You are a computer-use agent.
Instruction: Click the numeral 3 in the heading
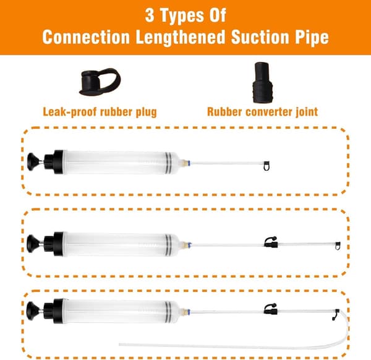coord(150,15)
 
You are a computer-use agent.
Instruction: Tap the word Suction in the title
coord(260,37)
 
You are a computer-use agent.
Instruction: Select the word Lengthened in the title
coord(181,37)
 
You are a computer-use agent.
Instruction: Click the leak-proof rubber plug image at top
coord(100,82)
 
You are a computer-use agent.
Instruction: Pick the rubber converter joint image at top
coord(262,82)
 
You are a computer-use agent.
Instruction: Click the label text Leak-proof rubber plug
coord(100,112)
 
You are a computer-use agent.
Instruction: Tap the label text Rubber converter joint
coord(262,112)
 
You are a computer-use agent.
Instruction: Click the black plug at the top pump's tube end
coord(267,166)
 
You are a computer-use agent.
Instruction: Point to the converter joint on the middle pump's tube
coord(271,242)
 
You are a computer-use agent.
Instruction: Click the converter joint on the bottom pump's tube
coord(271,309)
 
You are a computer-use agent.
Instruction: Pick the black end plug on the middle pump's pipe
coord(338,246)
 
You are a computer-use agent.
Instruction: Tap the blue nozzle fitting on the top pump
coord(189,163)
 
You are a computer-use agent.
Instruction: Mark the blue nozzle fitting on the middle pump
coord(189,244)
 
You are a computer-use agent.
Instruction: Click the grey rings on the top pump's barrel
coord(168,163)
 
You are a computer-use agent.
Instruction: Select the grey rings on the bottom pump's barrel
coord(168,311)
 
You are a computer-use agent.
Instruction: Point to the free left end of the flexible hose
coord(120,345)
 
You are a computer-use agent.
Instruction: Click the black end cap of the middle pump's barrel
coord(59,244)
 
